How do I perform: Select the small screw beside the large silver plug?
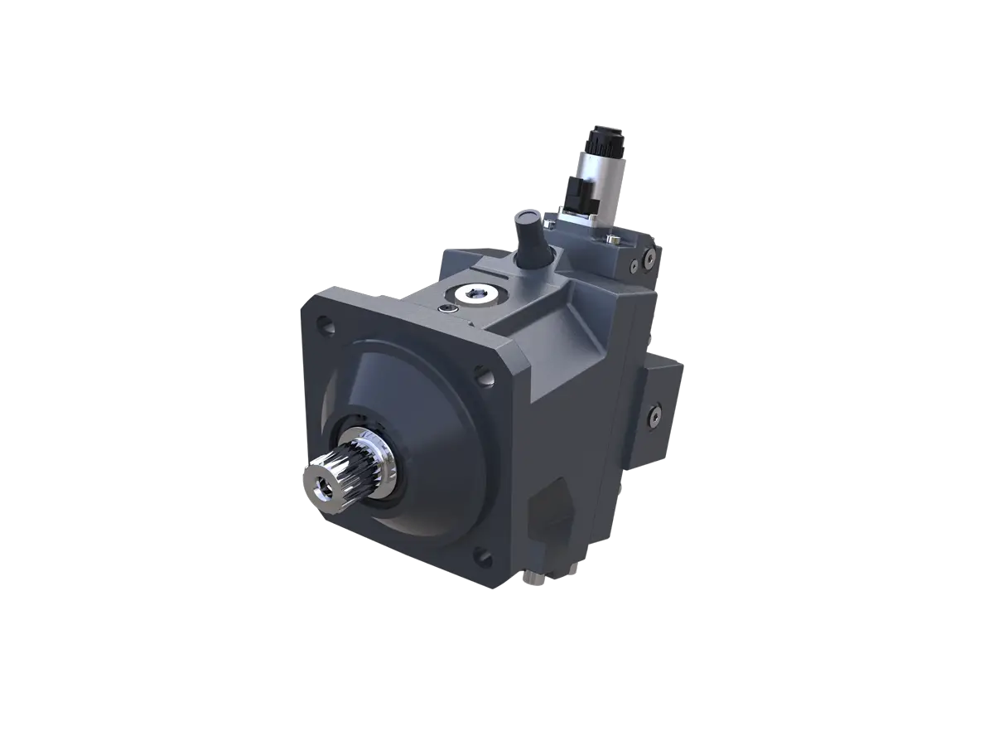(448, 308)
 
